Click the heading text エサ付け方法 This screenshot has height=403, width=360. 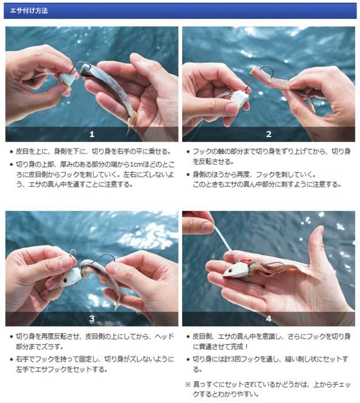pyautogui.click(x=29, y=11)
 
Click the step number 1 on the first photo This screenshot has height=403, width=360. pyautogui.click(x=92, y=134)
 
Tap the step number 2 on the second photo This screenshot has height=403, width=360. pyautogui.click(x=269, y=134)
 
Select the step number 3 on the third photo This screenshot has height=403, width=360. pyautogui.click(x=92, y=319)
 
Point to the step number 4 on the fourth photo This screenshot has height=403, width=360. pyautogui.click(x=269, y=319)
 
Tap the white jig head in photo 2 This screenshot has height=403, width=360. pyautogui.click(x=240, y=98)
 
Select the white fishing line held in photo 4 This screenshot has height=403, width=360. pyautogui.click(x=223, y=239)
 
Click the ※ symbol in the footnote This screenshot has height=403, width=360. pyautogui.click(x=188, y=385)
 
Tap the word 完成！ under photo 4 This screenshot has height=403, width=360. pyautogui.click(x=240, y=347)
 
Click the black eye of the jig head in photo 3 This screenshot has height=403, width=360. pyautogui.click(x=65, y=280)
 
